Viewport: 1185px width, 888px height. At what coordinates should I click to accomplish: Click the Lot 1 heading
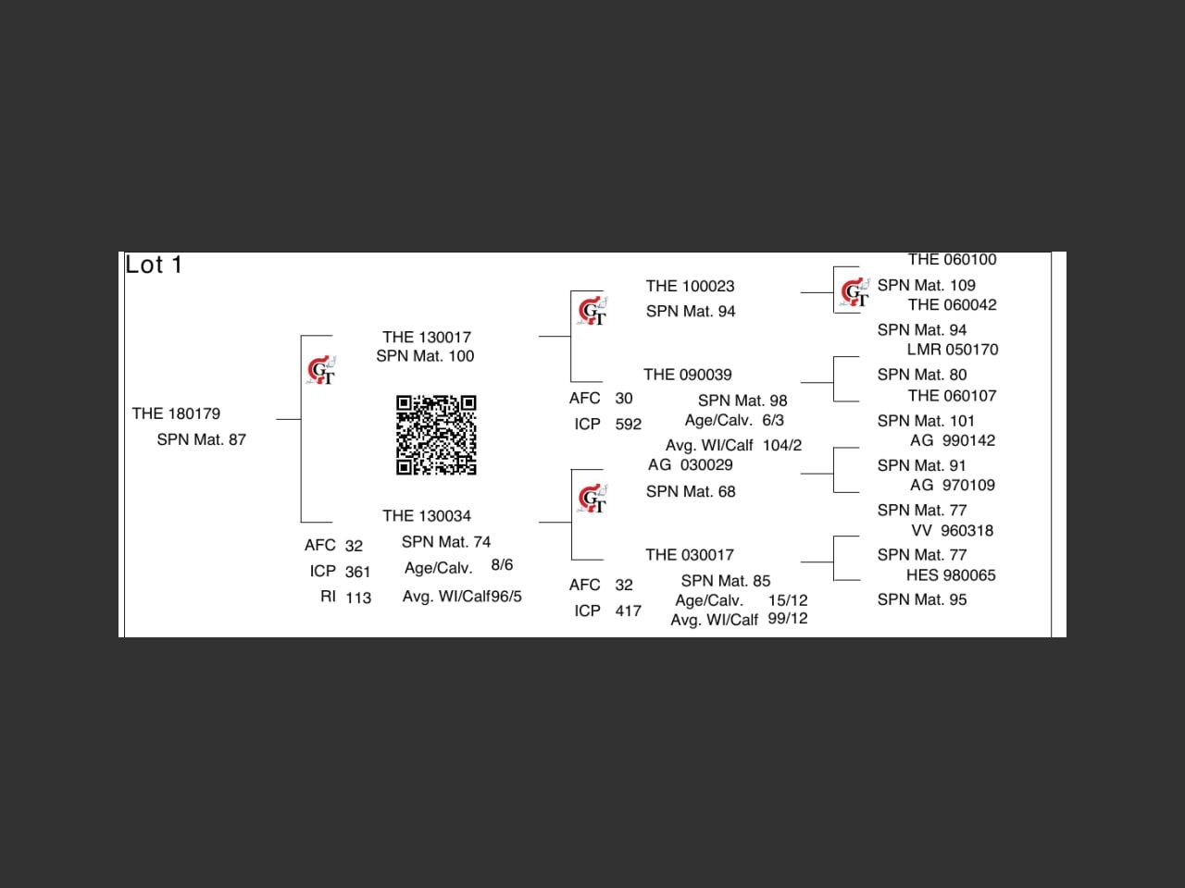click(154, 265)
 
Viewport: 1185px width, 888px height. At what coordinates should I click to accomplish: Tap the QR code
click(436, 435)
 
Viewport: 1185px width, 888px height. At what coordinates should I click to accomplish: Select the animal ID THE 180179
click(176, 413)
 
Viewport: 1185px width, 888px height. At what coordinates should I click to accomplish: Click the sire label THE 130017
click(427, 338)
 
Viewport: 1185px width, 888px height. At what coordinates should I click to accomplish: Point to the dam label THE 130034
click(427, 516)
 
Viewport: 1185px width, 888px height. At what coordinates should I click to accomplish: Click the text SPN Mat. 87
click(201, 439)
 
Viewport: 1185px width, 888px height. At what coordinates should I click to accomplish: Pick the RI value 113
click(358, 598)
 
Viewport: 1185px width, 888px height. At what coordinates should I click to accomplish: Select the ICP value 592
click(628, 425)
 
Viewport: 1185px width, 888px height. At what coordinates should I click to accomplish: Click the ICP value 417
click(628, 611)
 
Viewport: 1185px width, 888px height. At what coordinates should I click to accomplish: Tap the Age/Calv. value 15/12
click(788, 600)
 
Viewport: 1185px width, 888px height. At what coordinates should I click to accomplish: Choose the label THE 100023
click(690, 287)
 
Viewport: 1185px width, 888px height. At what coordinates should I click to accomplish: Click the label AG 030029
click(690, 465)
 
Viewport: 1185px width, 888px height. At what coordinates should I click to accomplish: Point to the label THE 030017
click(690, 555)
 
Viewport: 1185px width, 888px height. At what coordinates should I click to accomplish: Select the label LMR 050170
click(953, 350)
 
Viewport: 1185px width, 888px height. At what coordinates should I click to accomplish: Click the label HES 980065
click(951, 575)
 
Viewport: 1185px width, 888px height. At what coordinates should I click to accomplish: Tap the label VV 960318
click(953, 531)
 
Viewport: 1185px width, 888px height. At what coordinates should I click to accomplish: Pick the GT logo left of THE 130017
click(321, 371)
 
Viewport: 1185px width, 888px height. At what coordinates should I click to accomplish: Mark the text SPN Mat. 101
click(926, 421)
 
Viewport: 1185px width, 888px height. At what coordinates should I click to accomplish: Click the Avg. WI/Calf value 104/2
click(782, 446)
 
